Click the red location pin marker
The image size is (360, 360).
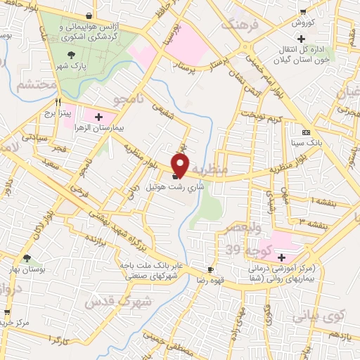coord(181,165)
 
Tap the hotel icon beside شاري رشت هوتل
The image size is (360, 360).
coord(174,177)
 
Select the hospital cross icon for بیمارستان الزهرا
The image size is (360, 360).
coord(98,117)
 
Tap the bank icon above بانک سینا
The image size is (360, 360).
coord(306,133)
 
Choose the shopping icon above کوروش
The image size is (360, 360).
coord(302,11)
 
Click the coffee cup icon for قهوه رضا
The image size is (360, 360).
coord(210,270)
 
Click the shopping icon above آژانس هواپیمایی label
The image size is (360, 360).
coord(87,15)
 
